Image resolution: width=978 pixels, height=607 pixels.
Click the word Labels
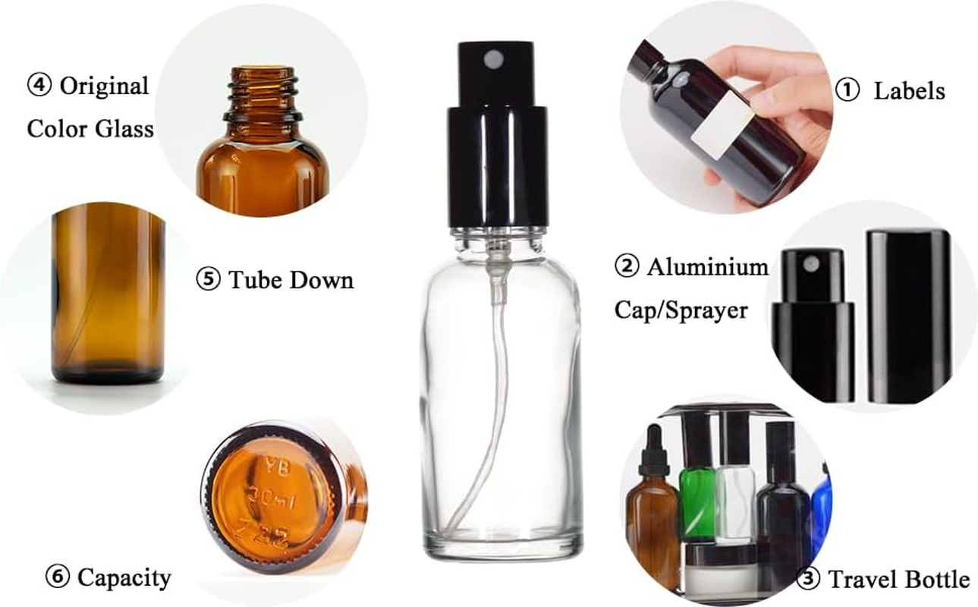point(909,91)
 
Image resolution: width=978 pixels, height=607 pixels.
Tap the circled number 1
point(847,90)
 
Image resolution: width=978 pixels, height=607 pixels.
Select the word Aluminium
point(707,267)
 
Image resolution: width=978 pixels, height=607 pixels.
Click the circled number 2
point(627,267)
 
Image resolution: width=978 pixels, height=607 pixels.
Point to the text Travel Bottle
point(898,580)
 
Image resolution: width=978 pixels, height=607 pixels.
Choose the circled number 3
point(809,580)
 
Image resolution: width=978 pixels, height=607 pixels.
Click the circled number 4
point(39,85)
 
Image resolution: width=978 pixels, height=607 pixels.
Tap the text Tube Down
point(292,280)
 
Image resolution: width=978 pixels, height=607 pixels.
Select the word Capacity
point(124,578)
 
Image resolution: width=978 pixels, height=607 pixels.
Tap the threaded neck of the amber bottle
point(263,90)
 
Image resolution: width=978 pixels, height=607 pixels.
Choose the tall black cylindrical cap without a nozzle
point(908,315)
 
